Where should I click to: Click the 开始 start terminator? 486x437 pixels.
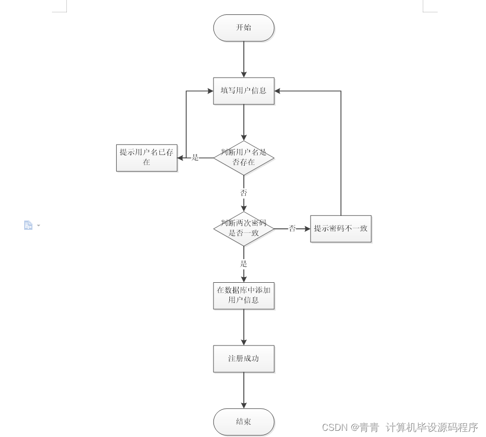pyautogui.click(x=244, y=28)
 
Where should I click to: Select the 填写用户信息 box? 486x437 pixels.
pyautogui.click(x=244, y=91)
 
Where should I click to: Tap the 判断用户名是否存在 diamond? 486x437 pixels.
pyautogui.click(x=244, y=157)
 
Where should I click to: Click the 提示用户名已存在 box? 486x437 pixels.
pyautogui.click(x=147, y=157)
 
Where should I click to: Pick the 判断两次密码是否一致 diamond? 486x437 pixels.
pyautogui.click(x=244, y=228)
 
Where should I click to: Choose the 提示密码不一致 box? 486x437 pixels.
pyautogui.click(x=340, y=228)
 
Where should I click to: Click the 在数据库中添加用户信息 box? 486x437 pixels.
pyautogui.click(x=244, y=296)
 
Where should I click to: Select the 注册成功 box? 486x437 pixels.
pyautogui.click(x=244, y=358)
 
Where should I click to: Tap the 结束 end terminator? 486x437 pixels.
pyautogui.click(x=244, y=422)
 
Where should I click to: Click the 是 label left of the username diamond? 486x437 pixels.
pyautogui.click(x=195, y=157)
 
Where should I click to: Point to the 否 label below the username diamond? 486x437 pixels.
pyautogui.click(x=244, y=193)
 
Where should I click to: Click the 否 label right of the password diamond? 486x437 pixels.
pyautogui.click(x=292, y=228)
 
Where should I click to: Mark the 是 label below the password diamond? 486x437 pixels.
pyautogui.click(x=244, y=263)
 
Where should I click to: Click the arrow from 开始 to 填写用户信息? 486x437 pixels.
pyautogui.click(x=244, y=59)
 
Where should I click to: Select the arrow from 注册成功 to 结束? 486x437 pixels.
pyautogui.click(x=244, y=390)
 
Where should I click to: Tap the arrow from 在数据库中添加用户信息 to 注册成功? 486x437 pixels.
pyautogui.click(x=244, y=327)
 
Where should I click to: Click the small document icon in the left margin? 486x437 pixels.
pyautogui.click(x=28, y=225)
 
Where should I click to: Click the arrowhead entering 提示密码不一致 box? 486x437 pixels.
pyautogui.click(x=307, y=228)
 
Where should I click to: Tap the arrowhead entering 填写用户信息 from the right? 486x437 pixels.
pyautogui.click(x=278, y=91)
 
